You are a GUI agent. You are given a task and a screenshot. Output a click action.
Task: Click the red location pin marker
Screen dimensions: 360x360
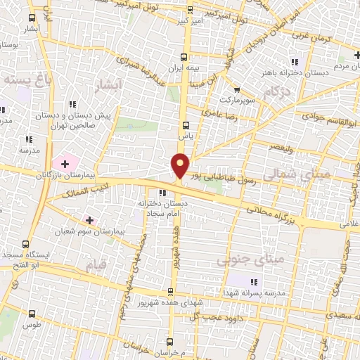tap(180, 166)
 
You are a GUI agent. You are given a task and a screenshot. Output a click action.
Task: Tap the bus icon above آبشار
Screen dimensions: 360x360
tap(32, 16)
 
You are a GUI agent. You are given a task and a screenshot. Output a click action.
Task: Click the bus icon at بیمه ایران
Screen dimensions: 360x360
tap(184, 58)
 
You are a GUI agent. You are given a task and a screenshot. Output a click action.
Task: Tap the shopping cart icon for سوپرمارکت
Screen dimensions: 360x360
tap(236, 89)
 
